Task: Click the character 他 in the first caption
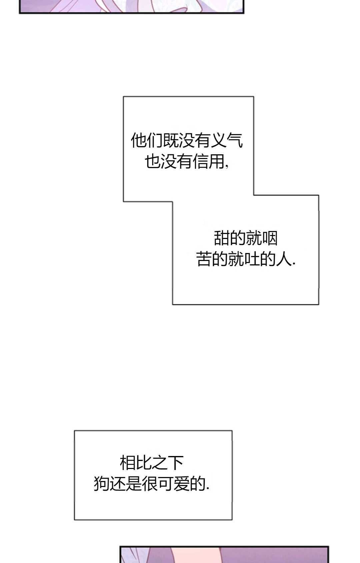tap(139, 140)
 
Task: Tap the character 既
tap(171, 140)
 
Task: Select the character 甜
tap(222, 238)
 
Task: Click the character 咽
tap(270, 238)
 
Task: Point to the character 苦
tap(204, 259)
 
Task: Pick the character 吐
tap(252, 259)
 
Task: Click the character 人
tap(284, 259)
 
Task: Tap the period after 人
tap(294, 264)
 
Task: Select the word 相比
tap(136, 463)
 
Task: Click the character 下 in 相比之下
tap(176, 463)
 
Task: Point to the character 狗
tap(101, 484)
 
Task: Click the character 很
tap(149, 484)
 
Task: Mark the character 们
tap(155, 140)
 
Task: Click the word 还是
tap(125, 484)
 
